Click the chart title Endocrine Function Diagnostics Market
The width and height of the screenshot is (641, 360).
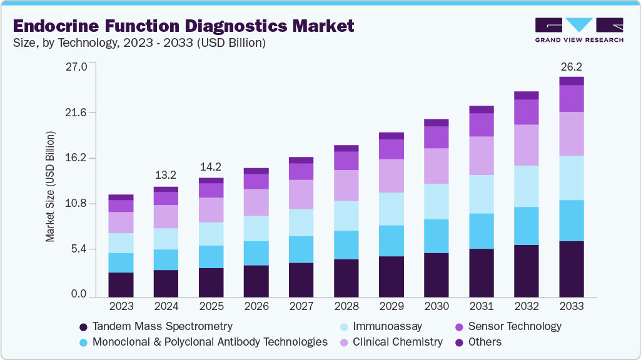[183, 26]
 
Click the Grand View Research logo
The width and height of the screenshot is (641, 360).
[579, 30]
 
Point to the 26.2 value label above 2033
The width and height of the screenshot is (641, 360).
[571, 66]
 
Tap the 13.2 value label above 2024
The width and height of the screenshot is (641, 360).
[166, 174]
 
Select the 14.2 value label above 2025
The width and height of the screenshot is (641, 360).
[211, 167]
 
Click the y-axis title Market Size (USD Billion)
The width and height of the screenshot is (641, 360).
[50, 187]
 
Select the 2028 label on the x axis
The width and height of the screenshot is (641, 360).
[346, 306]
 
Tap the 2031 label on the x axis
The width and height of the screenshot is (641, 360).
[481, 306]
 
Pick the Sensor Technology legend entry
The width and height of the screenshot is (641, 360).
[508, 326]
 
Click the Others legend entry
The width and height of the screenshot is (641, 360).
[478, 342]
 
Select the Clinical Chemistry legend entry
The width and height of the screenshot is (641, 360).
[391, 342]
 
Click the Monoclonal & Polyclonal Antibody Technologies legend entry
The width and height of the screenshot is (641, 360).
[203, 342]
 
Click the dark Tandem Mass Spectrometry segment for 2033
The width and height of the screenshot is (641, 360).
[571, 269]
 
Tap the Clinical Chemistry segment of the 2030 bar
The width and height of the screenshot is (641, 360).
[436, 166]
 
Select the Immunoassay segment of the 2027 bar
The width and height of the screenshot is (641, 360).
[301, 222]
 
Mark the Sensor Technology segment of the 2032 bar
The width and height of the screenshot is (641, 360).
[526, 112]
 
